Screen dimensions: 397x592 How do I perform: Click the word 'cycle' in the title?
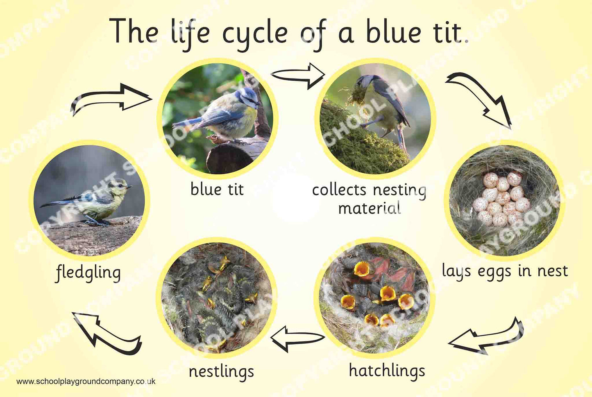tap(255, 33)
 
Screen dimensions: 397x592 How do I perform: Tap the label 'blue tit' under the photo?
tap(217, 189)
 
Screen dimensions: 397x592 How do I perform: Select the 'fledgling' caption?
tap(88, 273)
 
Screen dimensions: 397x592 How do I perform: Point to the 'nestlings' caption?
tap(221, 371)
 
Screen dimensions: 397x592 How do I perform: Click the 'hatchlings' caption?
tap(387, 370)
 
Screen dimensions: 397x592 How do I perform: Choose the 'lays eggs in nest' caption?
tap(505, 271)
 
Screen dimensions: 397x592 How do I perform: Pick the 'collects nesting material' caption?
tap(369, 199)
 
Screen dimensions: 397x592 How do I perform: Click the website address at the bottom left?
tap(86, 381)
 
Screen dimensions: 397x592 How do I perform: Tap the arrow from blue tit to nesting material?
tap(298, 75)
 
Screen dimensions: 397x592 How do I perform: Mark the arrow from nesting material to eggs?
tap(479, 98)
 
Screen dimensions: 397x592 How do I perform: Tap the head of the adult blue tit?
tap(247, 97)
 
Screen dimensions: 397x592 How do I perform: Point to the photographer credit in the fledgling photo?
tap(89, 253)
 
